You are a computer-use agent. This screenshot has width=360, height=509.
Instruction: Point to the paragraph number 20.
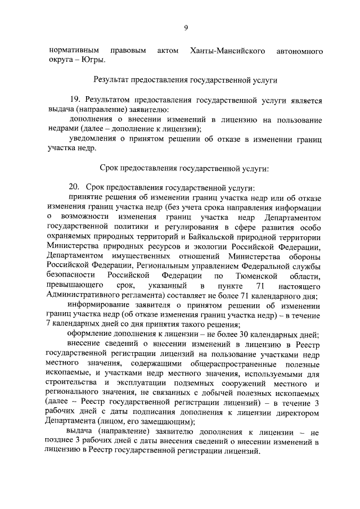tap(75, 187)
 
